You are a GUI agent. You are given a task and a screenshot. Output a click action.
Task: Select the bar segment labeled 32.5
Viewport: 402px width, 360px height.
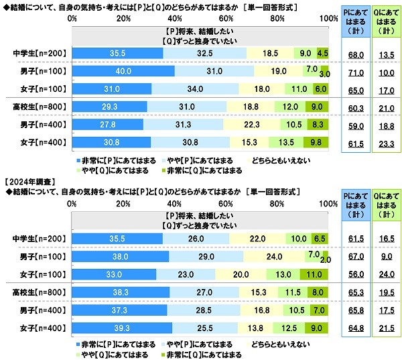coord(205,53)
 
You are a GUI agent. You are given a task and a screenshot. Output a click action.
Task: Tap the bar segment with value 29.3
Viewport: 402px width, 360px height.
coord(110,106)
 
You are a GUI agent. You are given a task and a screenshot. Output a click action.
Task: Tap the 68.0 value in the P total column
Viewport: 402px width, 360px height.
coord(347,54)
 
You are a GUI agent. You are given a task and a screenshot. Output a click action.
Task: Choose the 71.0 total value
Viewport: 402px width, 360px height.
coord(347,71)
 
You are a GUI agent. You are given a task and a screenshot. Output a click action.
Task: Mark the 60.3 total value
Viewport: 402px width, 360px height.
coord(347,107)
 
